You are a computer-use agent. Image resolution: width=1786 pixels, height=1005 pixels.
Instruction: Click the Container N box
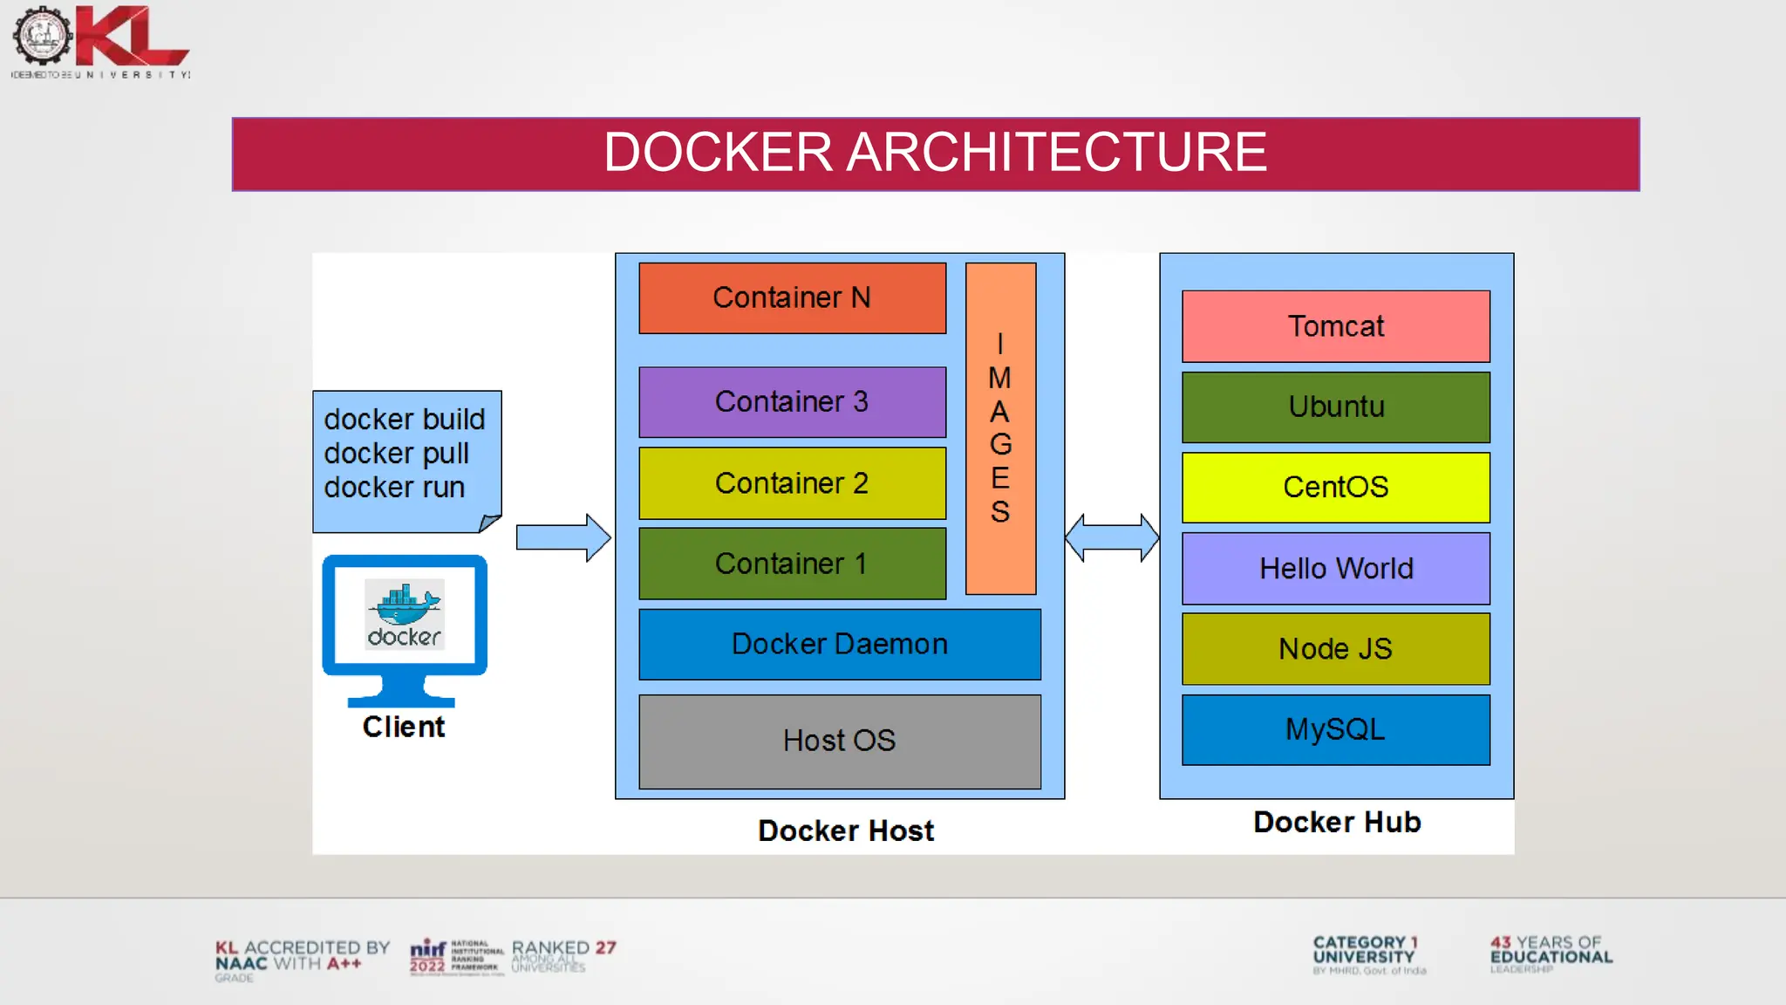792,298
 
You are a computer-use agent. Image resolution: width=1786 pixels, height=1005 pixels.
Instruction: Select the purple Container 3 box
792,402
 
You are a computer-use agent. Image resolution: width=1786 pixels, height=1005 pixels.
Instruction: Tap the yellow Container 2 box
792,483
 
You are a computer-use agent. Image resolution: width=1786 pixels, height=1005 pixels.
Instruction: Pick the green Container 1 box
792,564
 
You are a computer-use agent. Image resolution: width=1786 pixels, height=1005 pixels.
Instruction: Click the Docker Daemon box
839,645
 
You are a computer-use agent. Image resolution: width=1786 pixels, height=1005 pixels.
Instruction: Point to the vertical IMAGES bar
1000,427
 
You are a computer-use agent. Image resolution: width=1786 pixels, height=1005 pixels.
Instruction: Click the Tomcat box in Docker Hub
1335,326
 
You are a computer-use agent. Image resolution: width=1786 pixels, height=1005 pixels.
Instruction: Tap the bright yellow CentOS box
1335,488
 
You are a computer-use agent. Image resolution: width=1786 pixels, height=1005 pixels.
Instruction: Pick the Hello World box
1335,569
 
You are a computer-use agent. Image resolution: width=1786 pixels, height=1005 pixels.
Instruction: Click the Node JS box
1335,649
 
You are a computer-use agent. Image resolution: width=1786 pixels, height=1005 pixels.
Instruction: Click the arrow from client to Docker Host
562,537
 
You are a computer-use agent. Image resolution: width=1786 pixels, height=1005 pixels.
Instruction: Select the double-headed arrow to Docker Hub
1112,537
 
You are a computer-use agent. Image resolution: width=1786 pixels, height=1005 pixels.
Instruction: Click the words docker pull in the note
397,454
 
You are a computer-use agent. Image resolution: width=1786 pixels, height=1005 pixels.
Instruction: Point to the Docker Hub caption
1337,823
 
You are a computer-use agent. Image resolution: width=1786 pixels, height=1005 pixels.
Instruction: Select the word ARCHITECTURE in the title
1055,153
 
